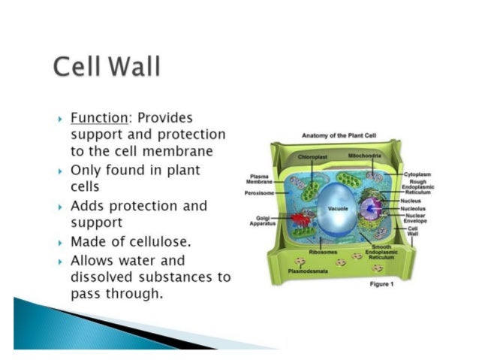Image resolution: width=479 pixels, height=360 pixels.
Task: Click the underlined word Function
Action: point(95,118)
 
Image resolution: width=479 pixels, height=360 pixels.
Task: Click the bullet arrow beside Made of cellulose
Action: point(59,243)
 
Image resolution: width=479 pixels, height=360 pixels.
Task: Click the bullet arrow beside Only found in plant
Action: point(59,171)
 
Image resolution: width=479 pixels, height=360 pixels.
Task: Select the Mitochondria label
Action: point(365,156)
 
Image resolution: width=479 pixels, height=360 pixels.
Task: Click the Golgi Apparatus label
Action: point(263,222)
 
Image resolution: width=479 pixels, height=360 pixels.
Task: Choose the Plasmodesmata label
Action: point(309,270)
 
